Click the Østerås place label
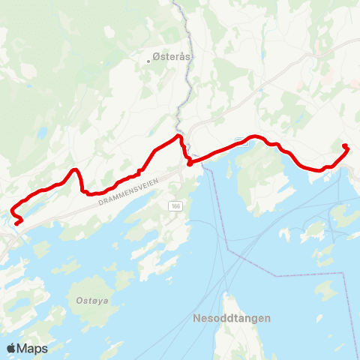coord(169,56)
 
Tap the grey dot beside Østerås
coord(149,61)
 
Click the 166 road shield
coord(175,205)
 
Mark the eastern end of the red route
coord(344,145)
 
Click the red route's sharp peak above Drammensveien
coord(75,170)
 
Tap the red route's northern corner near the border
coord(178,136)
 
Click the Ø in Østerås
coord(156,56)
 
